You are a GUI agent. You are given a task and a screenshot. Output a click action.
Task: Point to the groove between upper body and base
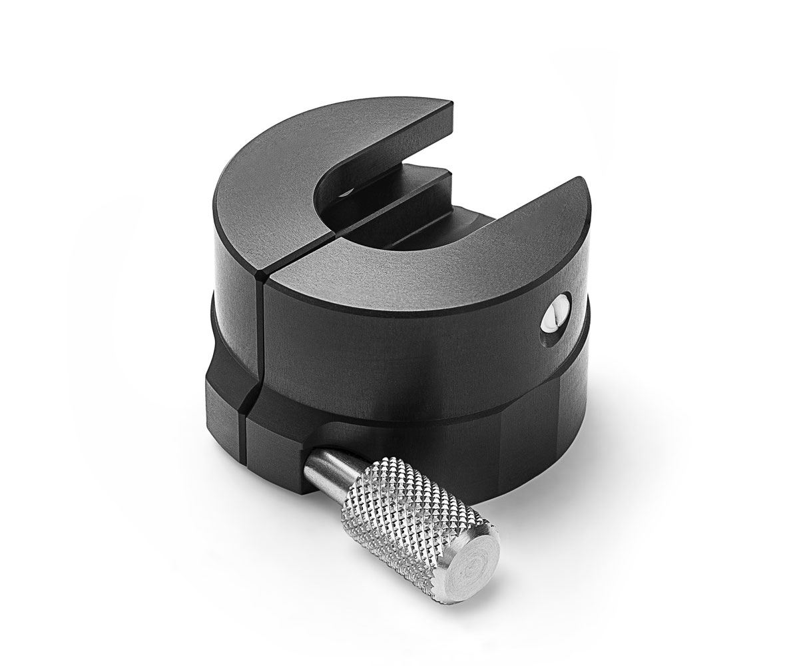click(413, 406)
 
